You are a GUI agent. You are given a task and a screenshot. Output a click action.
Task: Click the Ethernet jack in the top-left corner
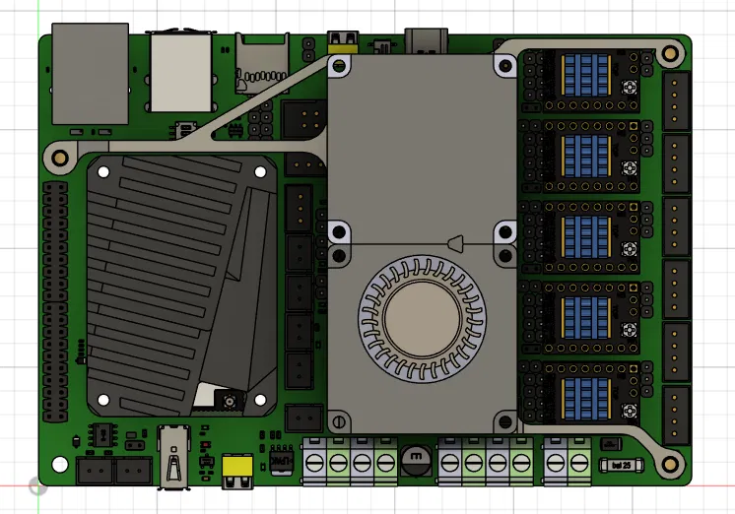coord(90,74)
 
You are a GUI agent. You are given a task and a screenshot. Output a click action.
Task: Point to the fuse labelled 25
coord(618,464)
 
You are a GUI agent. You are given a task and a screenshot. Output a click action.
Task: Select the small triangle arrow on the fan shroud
coord(456,242)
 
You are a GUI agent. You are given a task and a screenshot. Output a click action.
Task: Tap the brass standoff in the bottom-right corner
coord(673,461)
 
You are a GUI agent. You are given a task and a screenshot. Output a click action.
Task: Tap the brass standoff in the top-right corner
coord(672,51)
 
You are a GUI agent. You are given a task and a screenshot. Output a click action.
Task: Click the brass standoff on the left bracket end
coord(58,156)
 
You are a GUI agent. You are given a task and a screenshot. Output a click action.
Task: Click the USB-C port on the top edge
coord(426,40)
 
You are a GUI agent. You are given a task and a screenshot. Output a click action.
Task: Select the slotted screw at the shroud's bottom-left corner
coord(340,422)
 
